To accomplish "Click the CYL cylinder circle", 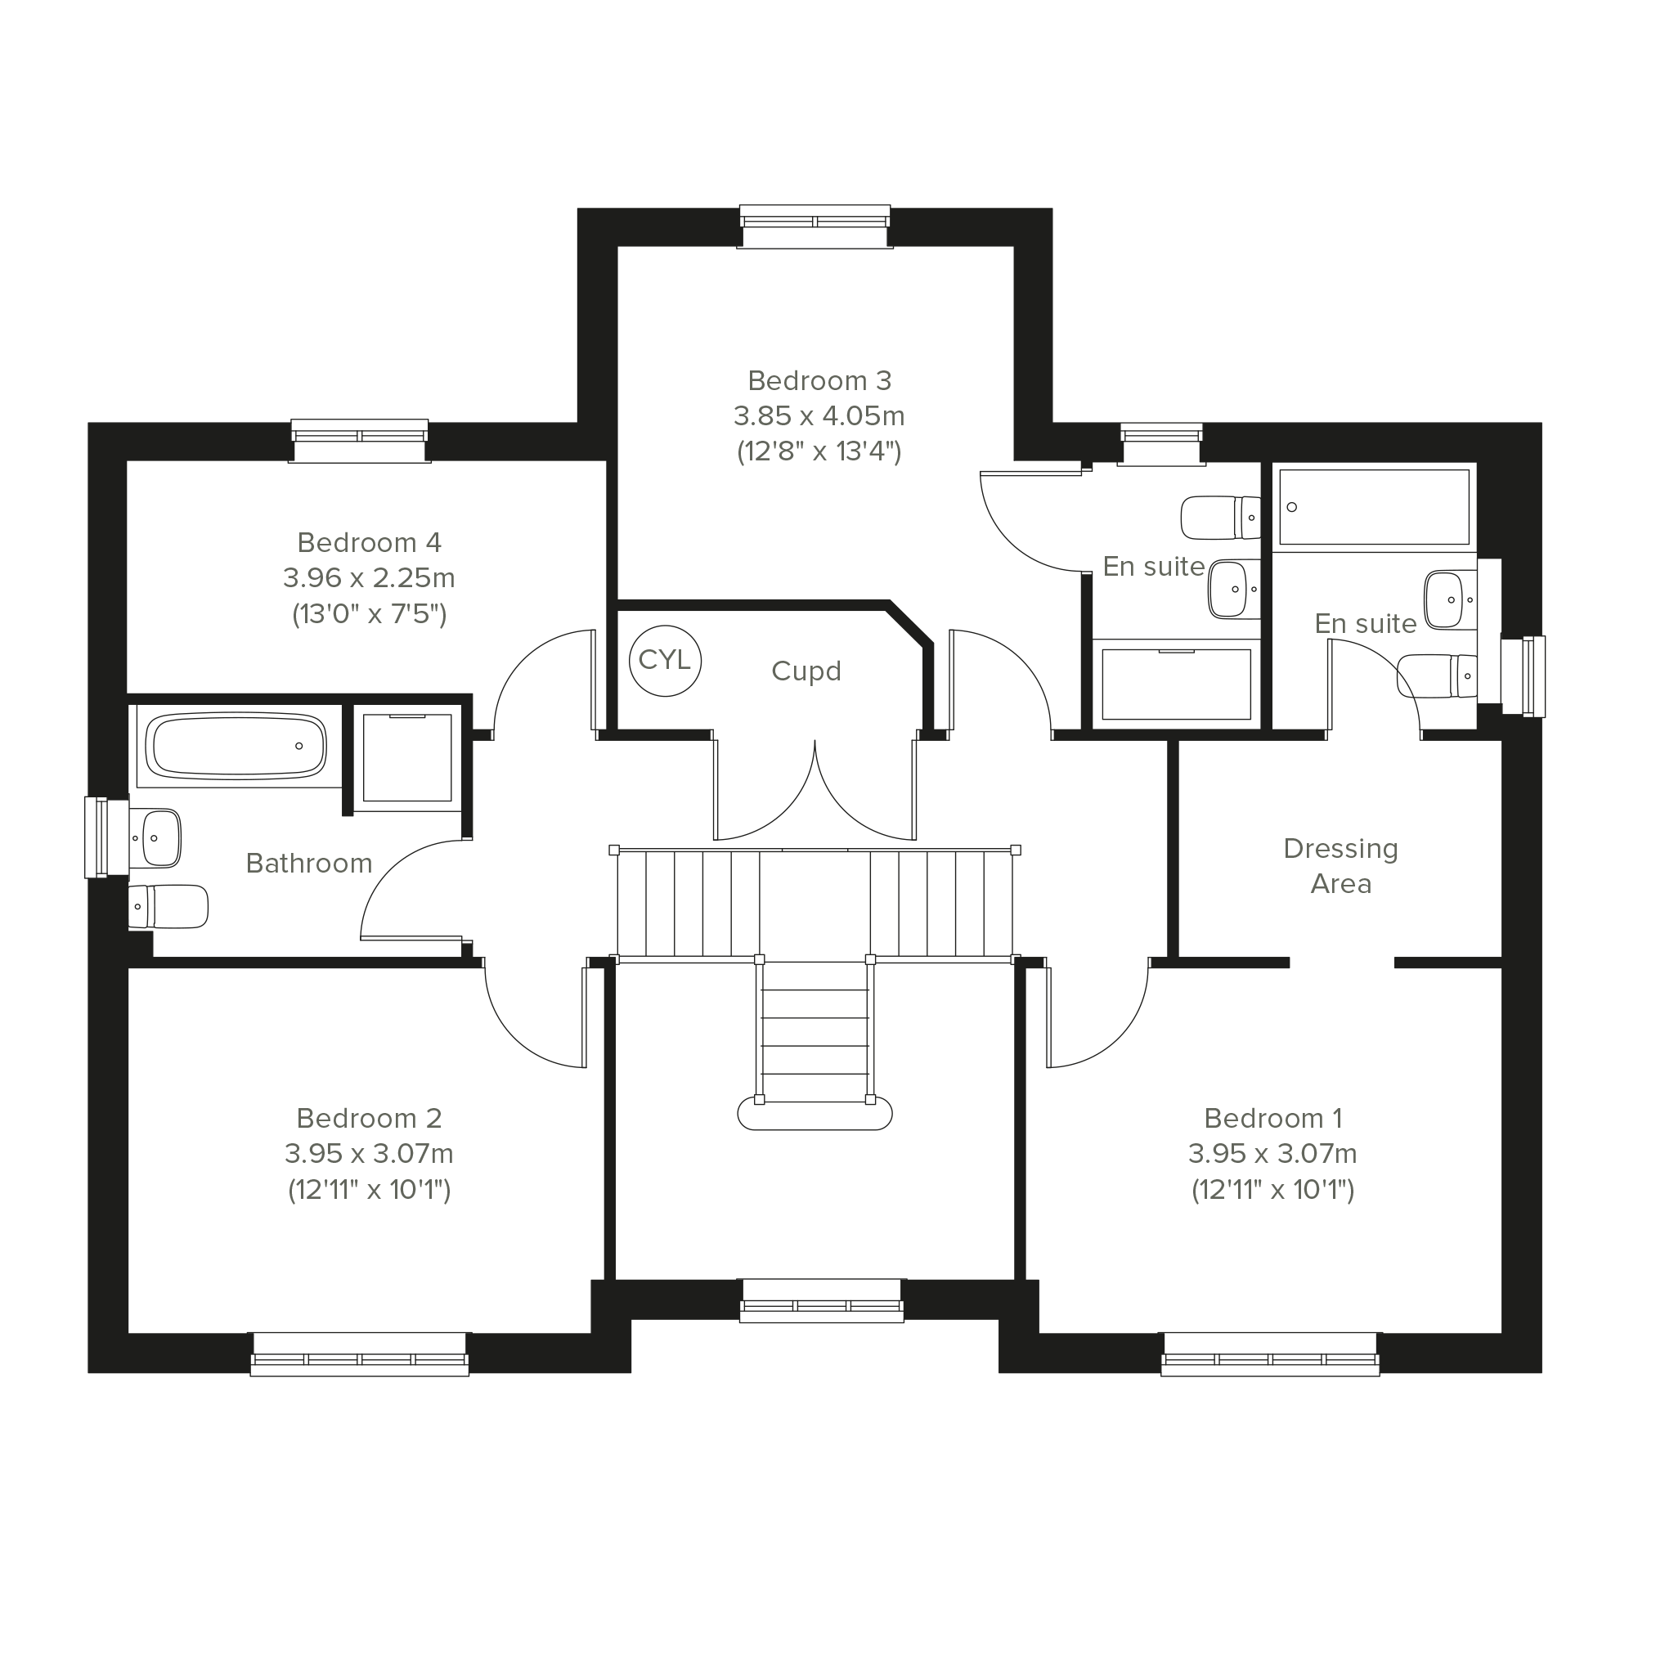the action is click(665, 661).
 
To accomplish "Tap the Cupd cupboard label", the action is click(806, 671).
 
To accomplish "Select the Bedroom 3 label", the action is click(819, 380).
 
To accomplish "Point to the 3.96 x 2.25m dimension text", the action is click(369, 578).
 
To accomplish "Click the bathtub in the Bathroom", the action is click(236, 747).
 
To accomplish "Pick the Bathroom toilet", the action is click(168, 907).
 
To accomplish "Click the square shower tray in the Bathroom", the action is click(407, 758).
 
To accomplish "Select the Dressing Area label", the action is click(1340, 867).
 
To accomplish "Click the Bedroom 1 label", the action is click(1272, 1119).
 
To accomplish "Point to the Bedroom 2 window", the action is click(359, 1355).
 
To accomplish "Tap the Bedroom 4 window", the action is click(359, 441).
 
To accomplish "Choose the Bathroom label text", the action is click(308, 863).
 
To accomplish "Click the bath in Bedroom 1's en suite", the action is click(1374, 506).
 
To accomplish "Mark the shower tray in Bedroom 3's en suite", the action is click(1176, 684).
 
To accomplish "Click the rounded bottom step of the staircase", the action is click(815, 1115).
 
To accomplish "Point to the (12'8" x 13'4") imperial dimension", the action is click(819, 451).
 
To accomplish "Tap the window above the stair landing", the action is click(821, 1301).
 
